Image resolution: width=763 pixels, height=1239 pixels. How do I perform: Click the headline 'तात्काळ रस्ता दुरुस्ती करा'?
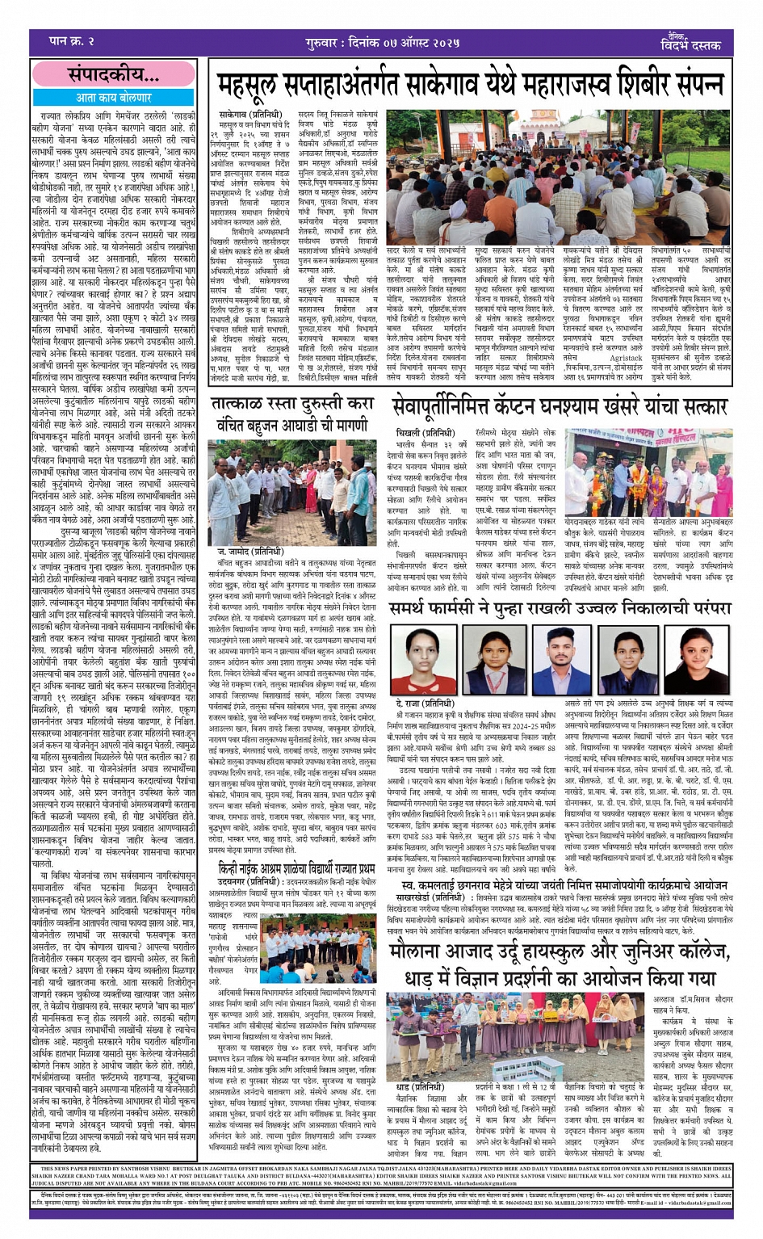coord(291,404)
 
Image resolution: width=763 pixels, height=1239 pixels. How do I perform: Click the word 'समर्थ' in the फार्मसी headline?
coord(417,607)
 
